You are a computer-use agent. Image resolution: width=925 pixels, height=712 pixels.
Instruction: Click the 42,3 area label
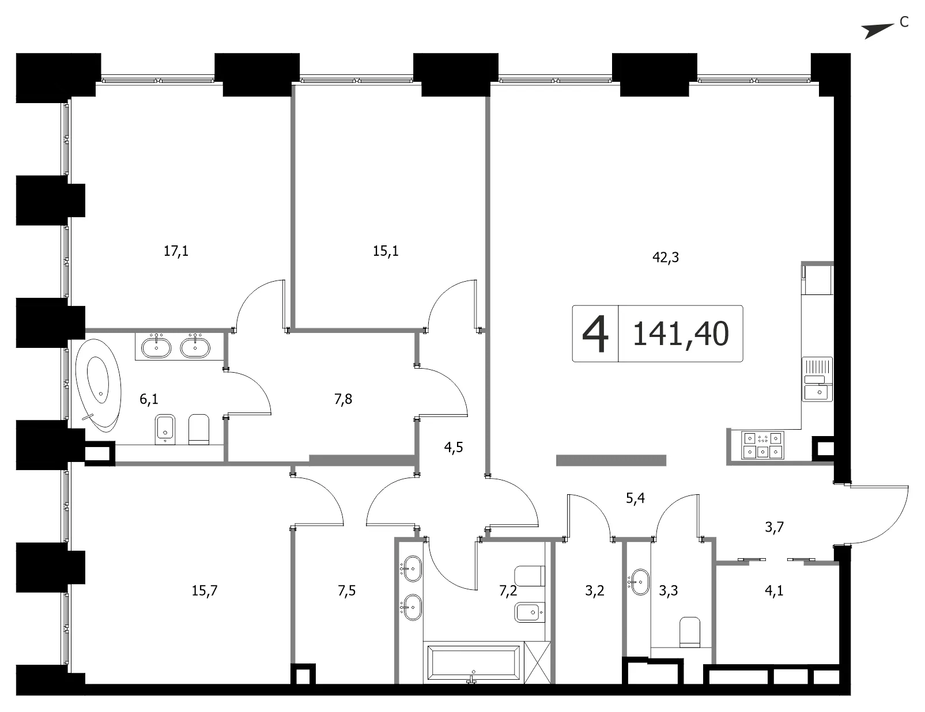(x=665, y=257)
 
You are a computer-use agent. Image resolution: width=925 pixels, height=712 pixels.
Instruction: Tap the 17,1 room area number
(x=176, y=251)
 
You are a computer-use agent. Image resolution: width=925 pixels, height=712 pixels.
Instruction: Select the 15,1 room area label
(x=386, y=251)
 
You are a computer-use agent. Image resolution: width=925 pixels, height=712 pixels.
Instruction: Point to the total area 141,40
(x=681, y=334)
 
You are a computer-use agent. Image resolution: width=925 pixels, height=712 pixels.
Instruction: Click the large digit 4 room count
(x=595, y=334)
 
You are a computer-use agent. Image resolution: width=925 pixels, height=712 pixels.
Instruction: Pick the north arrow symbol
(x=878, y=31)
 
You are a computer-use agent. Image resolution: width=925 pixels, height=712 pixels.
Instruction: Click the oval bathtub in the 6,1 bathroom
(x=99, y=385)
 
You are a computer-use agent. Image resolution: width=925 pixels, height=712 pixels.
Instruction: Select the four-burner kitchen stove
(x=762, y=445)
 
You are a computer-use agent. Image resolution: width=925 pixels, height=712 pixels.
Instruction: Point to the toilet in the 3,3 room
(x=690, y=632)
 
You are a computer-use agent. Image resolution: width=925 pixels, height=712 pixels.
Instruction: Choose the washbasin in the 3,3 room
(x=639, y=582)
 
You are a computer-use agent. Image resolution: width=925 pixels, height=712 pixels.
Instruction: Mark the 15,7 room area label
(x=205, y=591)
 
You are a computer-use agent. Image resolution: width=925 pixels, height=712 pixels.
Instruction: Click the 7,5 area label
(x=346, y=591)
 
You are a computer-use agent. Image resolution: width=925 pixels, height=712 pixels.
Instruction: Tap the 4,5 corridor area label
(x=454, y=448)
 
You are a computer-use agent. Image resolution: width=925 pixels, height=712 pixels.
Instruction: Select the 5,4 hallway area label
(x=635, y=498)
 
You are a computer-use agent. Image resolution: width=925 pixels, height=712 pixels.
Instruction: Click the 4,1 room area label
(x=774, y=591)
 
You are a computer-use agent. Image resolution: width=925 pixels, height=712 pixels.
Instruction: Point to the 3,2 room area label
(x=595, y=591)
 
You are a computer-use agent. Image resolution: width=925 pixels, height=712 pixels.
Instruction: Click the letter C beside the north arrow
(x=904, y=22)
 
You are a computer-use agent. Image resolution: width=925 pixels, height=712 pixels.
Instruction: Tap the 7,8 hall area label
(x=343, y=399)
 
